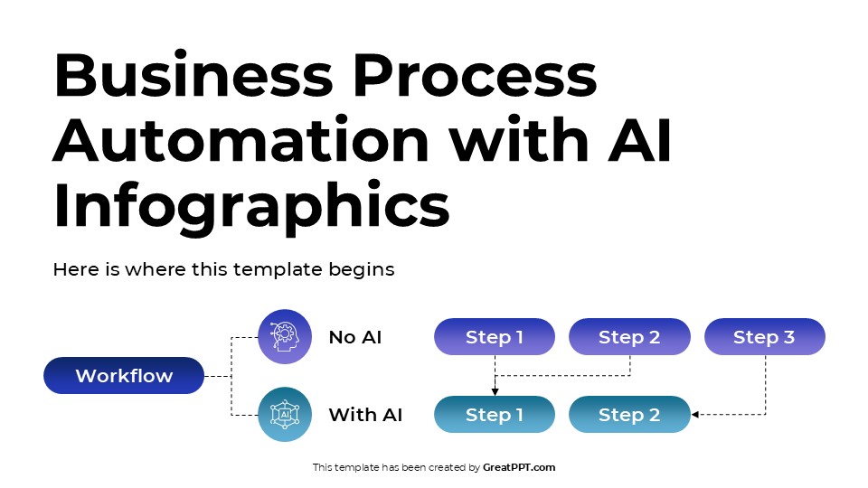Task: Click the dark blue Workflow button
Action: tap(124, 376)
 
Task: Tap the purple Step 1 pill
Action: tap(495, 336)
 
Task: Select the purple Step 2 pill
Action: tap(629, 336)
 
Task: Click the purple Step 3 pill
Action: tap(765, 336)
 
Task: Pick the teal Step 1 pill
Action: tap(495, 415)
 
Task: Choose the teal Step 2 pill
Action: tap(629, 415)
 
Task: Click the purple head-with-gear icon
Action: tap(285, 336)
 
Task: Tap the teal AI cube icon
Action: tap(285, 415)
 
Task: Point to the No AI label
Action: tap(354, 337)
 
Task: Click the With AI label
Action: tap(365, 415)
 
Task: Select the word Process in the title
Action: tap(475, 75)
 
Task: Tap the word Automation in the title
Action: tap(241, 139)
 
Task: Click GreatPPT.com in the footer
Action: tap(519, 467)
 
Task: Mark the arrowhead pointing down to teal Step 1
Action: tap(495, 391)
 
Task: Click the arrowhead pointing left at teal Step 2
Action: tap(694, 415)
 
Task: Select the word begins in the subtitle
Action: tap(362, 269)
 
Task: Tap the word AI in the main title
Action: tap(639, 139)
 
